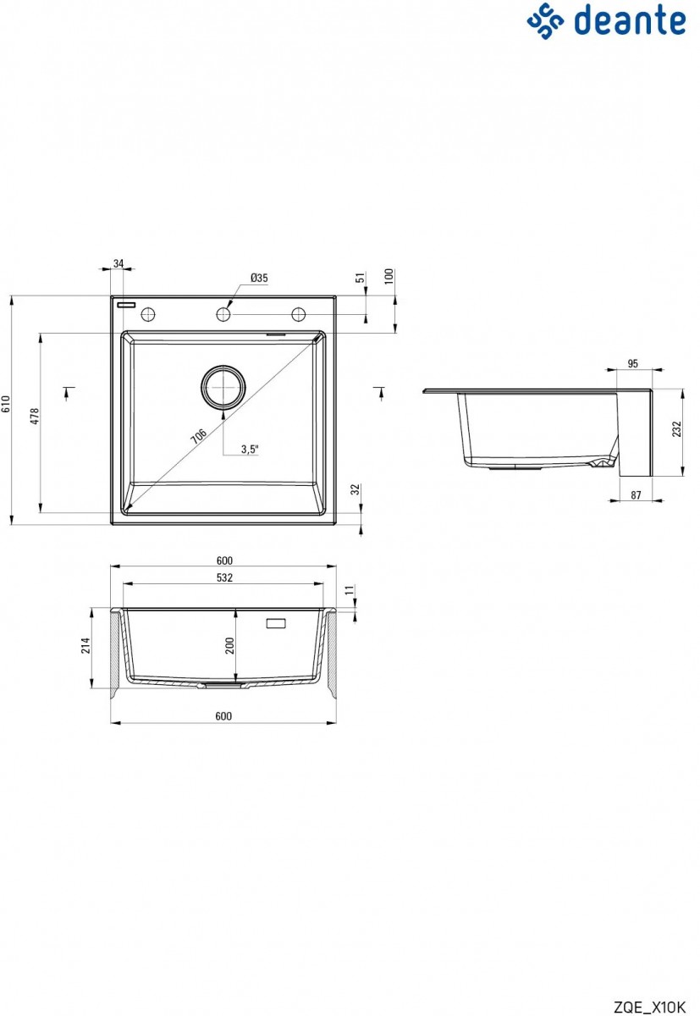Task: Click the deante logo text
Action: tap(631, 20)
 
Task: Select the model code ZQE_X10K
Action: tap(648, 1006)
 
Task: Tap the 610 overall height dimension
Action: tap(6, 409)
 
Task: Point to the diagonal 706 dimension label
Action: tap(198, 436)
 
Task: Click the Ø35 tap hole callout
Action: tap(259, 278)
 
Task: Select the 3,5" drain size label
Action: tap(249, 450)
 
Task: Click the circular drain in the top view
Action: tap(223, 387)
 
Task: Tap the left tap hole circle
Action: tap(148, 314)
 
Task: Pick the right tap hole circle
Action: tap(299, 314)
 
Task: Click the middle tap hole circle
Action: tap(223, 314)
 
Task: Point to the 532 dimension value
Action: tap(224, 577)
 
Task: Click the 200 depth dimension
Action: tap(229, 647)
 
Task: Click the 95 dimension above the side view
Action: tap(633, 364)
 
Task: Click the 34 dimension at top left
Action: tap(118, 264)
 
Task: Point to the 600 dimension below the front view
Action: tap(223, 716)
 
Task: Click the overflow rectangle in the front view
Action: tap(277, 624)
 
